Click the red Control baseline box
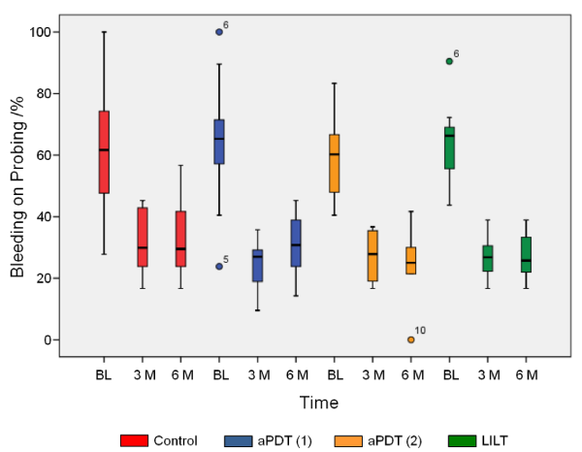[104, 152]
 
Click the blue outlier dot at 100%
[219, 32]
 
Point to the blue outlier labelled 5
[219, 266]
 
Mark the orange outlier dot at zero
[410, 339]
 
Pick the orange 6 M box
[410, 261]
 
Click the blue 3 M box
[258, 266]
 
